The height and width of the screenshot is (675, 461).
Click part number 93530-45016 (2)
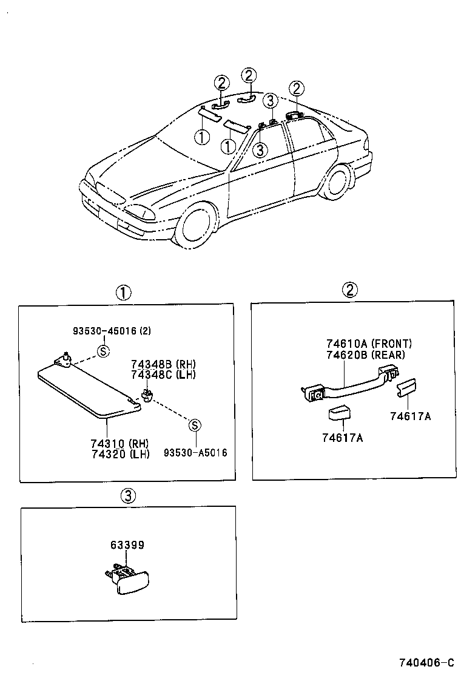(112, 331)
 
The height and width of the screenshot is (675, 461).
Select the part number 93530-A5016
(195, 453)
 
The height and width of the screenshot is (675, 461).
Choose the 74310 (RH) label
(119, 443)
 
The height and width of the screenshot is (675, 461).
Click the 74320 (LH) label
(119, 453)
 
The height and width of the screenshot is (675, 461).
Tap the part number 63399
(127, 545)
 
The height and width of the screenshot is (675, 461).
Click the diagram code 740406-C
(426, 662)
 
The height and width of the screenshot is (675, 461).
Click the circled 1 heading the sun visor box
(123, 293)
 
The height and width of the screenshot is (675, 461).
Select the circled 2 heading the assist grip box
(351, 290)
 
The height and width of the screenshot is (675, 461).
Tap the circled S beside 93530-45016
(103, 350)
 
